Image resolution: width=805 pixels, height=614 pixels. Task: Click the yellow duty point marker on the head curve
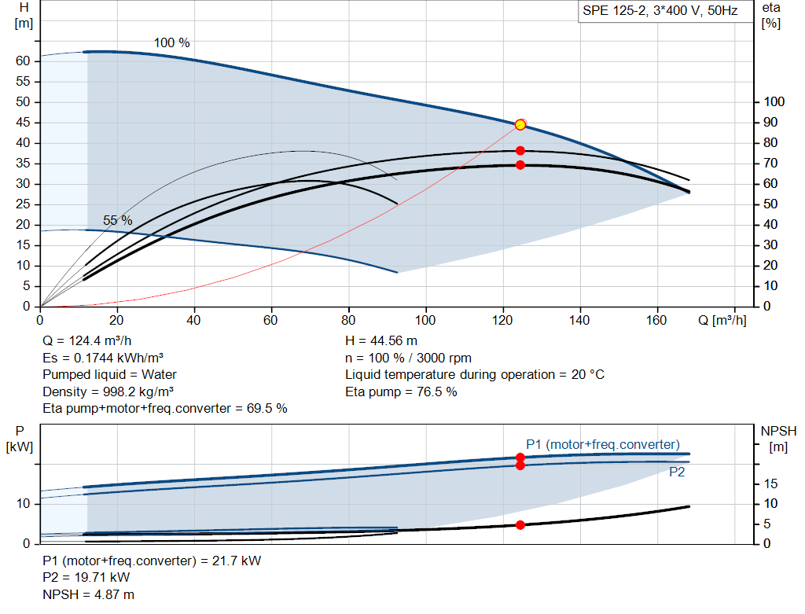pos(520,125)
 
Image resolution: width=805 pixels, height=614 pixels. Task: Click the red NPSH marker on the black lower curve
pos(520,524)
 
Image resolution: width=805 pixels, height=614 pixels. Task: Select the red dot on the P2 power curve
pos(520,465)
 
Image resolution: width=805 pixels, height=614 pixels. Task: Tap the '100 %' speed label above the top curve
pos(172,42)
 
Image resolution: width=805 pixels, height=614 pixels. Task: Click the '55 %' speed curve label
pos(118,220)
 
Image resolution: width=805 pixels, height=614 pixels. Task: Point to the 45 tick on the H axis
pos(23,122)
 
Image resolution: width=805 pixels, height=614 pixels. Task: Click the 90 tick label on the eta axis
pos(770,122)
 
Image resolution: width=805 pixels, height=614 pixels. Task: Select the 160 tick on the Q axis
pos(656,320)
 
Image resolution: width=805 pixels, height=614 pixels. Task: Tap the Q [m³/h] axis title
pos(722,320)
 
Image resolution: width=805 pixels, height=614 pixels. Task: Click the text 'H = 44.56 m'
pos(381,341)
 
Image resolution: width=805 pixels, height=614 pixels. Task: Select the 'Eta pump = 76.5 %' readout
pos(401,392)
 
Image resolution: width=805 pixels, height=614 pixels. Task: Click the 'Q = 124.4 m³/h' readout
pos(86,341)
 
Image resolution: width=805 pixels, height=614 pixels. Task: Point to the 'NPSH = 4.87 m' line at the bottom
pos(88,594)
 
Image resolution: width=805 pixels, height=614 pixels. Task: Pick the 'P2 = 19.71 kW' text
pos(86,578)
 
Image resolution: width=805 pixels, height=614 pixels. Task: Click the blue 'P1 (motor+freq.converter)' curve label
pos(603,445)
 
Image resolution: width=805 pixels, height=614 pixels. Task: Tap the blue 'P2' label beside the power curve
pos(677,472)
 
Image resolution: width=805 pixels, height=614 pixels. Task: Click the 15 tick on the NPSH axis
pos(770,483)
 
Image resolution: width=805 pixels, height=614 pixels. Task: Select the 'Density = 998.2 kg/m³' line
pos(108,392)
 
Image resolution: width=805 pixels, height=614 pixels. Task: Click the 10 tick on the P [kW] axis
pos(23,504)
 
